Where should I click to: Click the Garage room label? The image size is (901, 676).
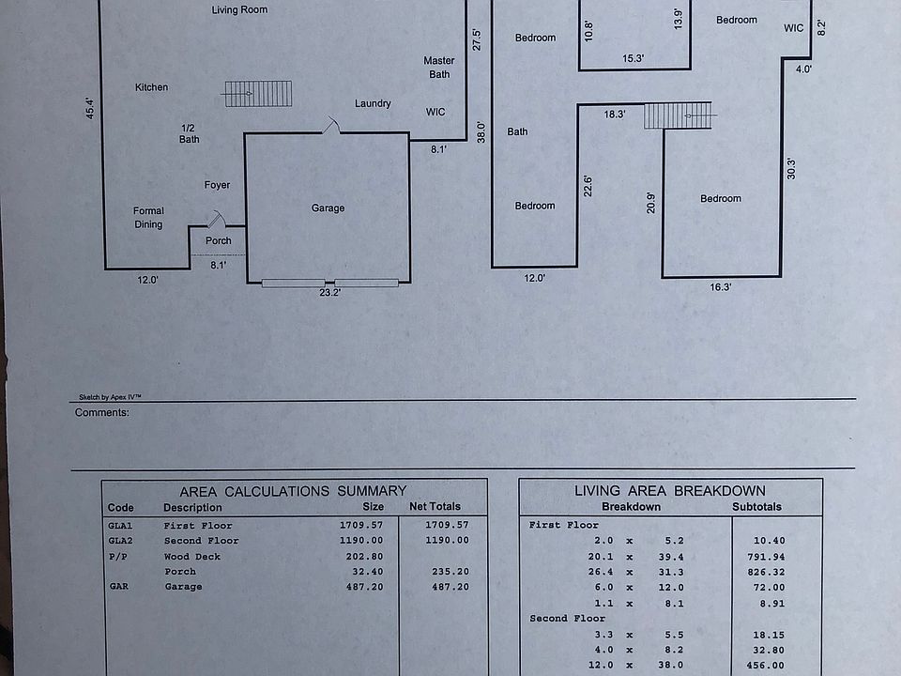(328, 208)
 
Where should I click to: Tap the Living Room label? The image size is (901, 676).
(239, 9)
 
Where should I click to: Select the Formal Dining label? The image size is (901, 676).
(148, 218)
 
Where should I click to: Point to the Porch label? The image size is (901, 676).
(219, 241)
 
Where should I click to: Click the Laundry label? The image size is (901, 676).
(373, 103)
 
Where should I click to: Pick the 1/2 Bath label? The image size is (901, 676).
(189, 133)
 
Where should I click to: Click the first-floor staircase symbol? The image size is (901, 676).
(257, 94)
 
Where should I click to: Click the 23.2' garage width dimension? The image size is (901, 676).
(329, 293)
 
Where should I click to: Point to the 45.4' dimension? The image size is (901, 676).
(90, 108)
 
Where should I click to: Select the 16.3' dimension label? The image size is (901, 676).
(721, 287)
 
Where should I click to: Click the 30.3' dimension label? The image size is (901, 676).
(791, 169)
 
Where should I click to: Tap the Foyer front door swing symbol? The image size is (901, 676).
(217, 220)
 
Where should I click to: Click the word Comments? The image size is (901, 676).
(101, 413)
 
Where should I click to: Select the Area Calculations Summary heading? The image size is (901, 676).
(293, 491)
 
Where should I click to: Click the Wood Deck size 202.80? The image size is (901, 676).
(364, 557)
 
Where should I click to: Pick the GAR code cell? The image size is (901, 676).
(119, 586)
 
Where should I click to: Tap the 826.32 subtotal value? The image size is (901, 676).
(769, 572)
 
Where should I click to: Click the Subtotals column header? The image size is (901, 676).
(756, 507)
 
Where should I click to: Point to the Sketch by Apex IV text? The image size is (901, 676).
(110, 397)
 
